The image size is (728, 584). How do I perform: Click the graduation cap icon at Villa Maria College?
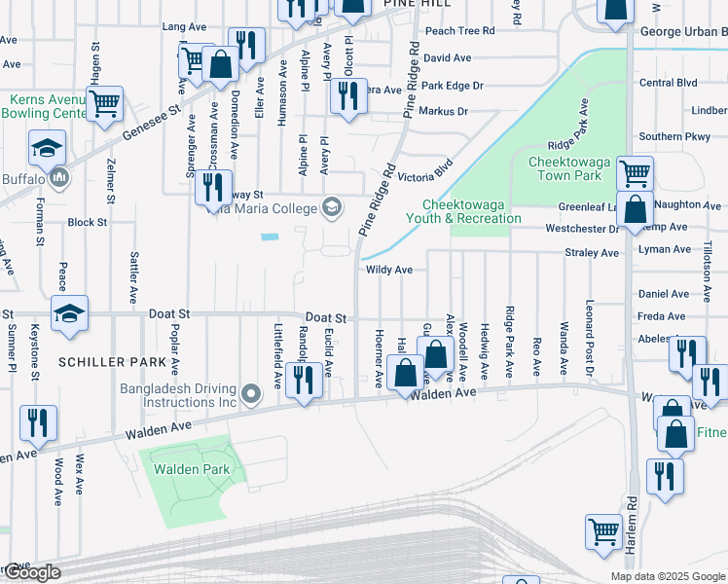point(332,206)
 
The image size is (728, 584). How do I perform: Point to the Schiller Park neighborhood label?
point(106,362)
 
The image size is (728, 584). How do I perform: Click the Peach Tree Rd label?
point(459,30)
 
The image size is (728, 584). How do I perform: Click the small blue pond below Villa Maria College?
point(270,237)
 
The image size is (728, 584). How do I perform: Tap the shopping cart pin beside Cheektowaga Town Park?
point(635,174)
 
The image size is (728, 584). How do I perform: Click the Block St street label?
point(88,222)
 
